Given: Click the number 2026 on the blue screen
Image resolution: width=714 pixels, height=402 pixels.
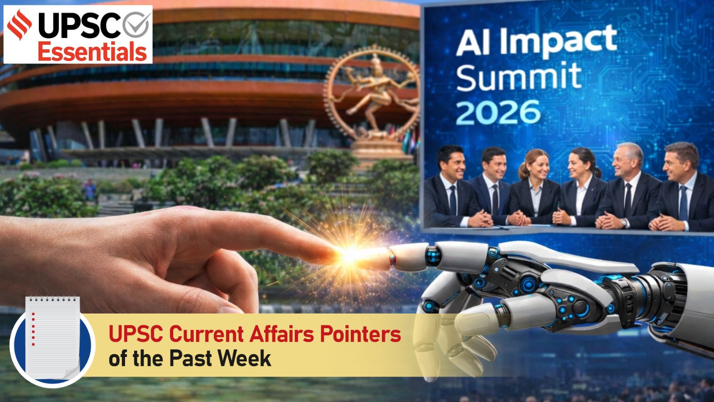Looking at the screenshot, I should (498, 112).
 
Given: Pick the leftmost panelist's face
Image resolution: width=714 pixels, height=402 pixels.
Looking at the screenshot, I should (450, 163).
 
